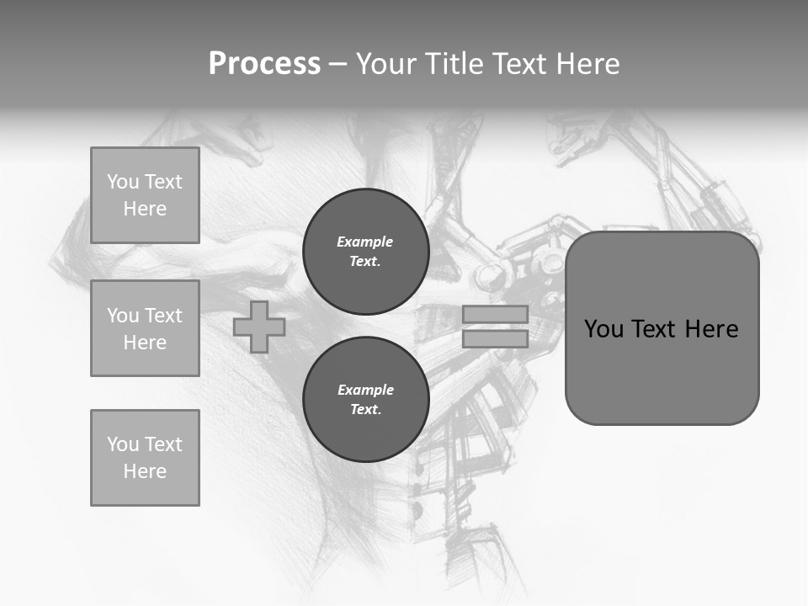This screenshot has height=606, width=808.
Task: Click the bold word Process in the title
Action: coord(264,64)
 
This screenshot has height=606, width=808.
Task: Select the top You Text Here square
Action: coord(145,195)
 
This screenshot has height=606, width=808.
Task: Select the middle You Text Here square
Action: coord(145,328)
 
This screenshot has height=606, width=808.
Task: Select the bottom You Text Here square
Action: coord(145,458)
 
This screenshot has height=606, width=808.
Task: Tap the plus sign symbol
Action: coord(259,327)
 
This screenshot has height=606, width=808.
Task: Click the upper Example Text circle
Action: coord(365,251)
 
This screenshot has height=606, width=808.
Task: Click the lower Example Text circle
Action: coord(365,399)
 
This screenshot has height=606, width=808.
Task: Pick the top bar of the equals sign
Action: coord(495,314)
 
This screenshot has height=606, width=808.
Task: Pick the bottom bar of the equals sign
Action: coord(495,338)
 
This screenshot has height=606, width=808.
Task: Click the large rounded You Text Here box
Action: coord(662,328)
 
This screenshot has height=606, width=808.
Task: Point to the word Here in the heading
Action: coord(589,64)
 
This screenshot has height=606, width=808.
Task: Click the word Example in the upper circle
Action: coord(365,242)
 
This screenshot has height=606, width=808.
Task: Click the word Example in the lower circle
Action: coord(365,390)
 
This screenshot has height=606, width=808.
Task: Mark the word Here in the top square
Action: coord(145,209)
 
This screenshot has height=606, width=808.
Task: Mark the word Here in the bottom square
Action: coord(145,471)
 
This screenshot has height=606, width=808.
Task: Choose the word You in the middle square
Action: coord(121,316)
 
